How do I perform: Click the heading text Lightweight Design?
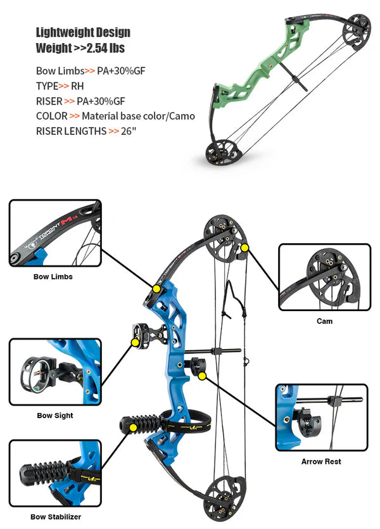tap(83, 32)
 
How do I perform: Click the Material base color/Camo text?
tap(138, 116)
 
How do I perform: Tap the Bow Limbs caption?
tap(53, 277)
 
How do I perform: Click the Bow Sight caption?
tap(54, 416)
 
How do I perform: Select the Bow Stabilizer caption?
tap(56, 517)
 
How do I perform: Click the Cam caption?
tap(324, 321)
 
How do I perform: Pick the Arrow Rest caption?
tap(321, 461)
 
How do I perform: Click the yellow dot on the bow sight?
tap(134, 342)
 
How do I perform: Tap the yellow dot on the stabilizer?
tap(133, 428)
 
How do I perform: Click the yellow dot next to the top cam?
tap(244, 248)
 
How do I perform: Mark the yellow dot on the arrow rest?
tap(202, 376)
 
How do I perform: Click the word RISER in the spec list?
tap(49, 101)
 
